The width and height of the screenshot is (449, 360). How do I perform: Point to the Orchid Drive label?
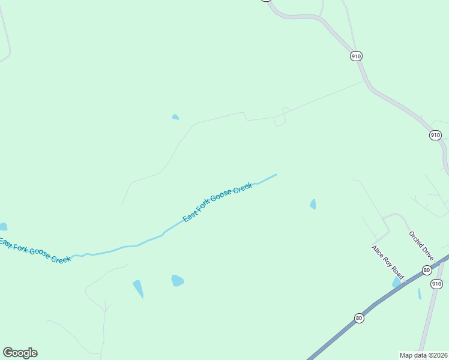[x=421, y=245]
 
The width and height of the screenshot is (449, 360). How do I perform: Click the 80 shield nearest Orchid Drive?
[x=426, y=271]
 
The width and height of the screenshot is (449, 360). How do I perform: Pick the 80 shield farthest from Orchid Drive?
[x=359, y=318]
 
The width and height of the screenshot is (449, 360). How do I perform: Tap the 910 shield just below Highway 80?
[x=436, y=283]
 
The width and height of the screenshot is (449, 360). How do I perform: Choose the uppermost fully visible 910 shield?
[x=356, y=56]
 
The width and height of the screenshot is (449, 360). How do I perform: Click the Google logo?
[x=20, y=353]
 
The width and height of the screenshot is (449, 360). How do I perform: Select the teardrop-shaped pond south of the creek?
[x=138, y=288]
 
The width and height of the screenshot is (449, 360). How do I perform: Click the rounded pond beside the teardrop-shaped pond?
[x=177, y=280]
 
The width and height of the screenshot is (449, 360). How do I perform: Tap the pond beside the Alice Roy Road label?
[x=396, y=282]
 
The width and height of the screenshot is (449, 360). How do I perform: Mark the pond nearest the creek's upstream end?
[x=313, y=204]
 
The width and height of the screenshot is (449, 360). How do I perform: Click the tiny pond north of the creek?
[x=175, y=116]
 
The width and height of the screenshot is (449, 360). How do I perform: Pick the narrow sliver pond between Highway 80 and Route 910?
[x=420, y=293]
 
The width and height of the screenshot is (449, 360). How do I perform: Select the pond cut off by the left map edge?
[x=3, y=227]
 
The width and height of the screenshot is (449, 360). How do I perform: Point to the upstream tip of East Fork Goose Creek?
[x=276, y=175]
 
